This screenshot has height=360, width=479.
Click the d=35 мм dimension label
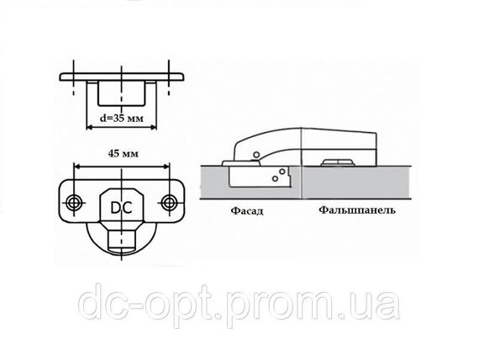coord(122,118)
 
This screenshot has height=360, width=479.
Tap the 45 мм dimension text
coord(123,153)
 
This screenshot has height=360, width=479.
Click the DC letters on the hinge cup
coord(121,208)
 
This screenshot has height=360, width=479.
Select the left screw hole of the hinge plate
coord(74,203)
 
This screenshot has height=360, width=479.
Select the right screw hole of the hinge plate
coord(168,202)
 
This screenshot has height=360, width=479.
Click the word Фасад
coord(247,211)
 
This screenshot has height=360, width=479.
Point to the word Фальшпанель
coord(357,210)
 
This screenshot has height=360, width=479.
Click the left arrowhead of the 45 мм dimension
coord(77,167)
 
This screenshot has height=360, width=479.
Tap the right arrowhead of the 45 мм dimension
coord(166,167)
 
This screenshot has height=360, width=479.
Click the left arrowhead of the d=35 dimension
coord(90,127)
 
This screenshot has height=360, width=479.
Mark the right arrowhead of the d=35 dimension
coord(153,127)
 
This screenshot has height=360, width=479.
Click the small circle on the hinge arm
coord(256,154)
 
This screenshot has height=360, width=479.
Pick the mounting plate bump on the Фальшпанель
coord(337,162)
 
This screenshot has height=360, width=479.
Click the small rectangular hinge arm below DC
coord(122,239)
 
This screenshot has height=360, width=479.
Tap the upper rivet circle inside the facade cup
coord(282,172)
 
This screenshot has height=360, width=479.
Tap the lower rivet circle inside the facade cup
coord(276,178)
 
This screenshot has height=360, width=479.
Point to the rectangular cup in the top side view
coord(121,93)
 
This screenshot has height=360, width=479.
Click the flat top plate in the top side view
coord(122,77)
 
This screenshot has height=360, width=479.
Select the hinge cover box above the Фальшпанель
coord(339,147)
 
